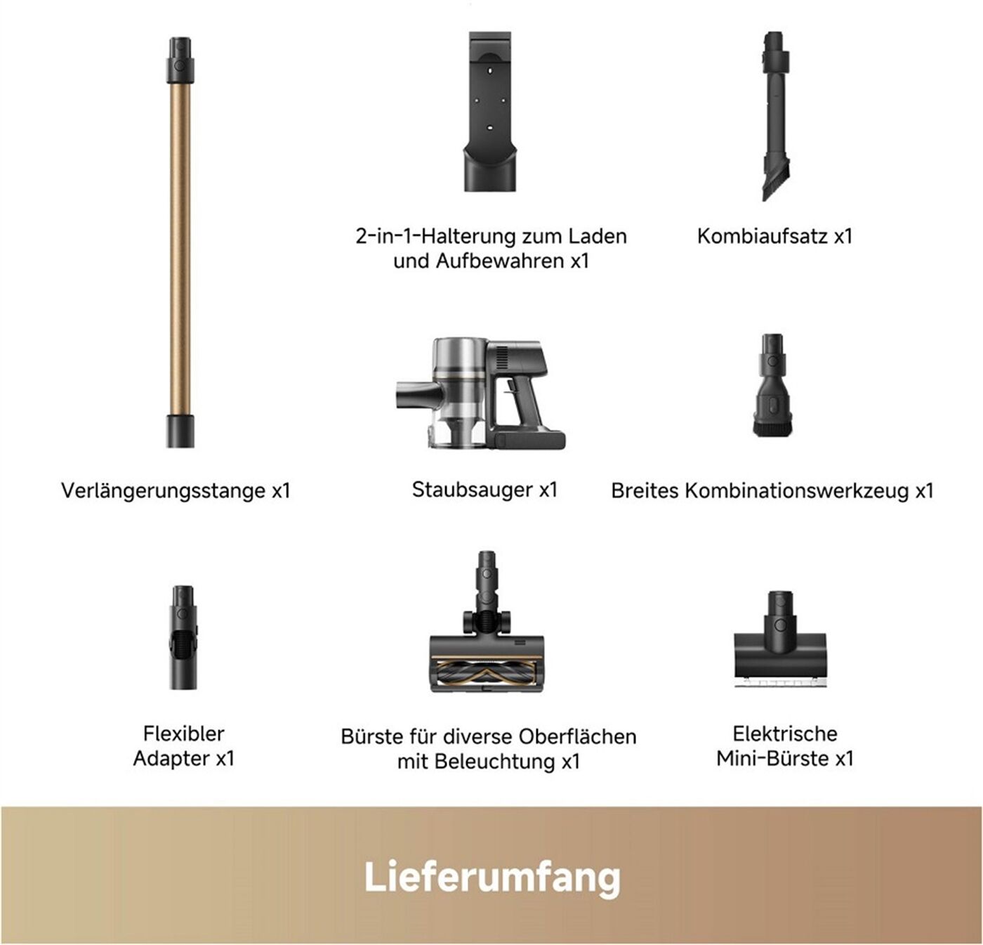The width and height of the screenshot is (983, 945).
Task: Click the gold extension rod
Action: tap(180, 242)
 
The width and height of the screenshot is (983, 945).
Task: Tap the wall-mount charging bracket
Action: tap(489, 112)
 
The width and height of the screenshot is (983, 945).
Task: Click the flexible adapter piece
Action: tap(183, 637)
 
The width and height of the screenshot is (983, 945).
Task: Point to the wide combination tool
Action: tap(772, 384)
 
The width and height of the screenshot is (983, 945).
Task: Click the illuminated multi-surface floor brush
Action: tap(487, 622)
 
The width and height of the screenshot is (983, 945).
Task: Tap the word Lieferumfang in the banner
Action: tap(492, 878)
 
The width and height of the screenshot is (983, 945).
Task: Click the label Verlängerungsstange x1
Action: tap(176, 490)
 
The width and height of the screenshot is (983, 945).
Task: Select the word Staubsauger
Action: tap(473, 490)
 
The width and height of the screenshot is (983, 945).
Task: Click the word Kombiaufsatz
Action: tap(763, 236)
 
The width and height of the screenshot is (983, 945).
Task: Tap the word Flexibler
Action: tap(183, 734)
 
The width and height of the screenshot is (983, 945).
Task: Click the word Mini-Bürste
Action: tap(773, 758)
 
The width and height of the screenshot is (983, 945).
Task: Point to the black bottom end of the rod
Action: tap(180, 431)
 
